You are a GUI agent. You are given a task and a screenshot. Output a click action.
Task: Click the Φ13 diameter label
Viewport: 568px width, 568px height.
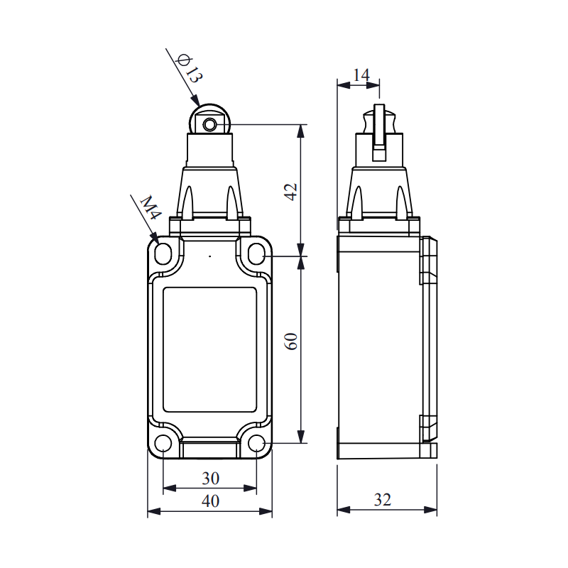point(189,68)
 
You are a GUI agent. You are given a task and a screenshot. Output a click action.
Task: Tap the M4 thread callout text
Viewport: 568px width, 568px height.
point(151,207)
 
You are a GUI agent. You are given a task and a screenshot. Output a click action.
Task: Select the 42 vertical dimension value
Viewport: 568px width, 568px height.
point(290,192)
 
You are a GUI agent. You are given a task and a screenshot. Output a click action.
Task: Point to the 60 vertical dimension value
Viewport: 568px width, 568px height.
point(290,341)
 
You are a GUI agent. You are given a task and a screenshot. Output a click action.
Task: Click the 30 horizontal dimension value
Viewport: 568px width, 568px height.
point(210,479)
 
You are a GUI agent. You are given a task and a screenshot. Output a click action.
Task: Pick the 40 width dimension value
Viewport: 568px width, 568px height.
point(210,501)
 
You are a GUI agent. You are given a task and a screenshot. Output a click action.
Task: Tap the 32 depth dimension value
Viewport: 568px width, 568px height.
point(383,500)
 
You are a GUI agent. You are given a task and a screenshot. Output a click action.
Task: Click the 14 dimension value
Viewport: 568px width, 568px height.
point(361,75)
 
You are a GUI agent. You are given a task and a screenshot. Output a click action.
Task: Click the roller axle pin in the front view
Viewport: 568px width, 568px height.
point(209,125)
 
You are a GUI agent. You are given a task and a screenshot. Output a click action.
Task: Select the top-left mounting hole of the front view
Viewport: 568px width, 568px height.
point(163,253)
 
